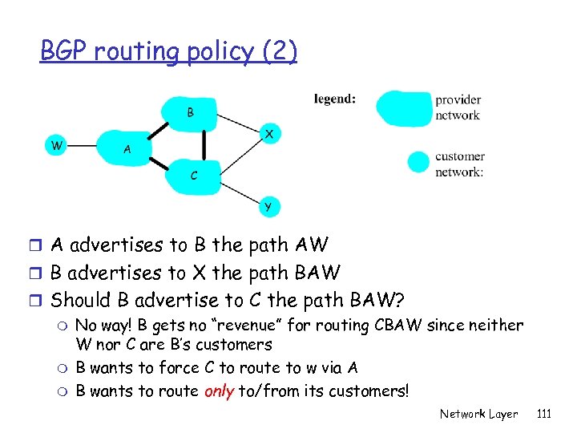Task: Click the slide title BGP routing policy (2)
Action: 168,51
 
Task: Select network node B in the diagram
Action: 190,112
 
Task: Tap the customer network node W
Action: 55,145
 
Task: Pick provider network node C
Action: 193,175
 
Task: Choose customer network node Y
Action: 268,206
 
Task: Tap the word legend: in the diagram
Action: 335,99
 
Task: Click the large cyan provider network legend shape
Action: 402,107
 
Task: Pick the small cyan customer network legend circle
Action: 418,162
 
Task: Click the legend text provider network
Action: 458,107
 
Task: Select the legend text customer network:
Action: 459,164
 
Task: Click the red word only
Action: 219,391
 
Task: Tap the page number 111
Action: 544,414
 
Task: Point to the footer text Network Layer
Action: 478,414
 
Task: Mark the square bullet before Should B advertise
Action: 42,301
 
